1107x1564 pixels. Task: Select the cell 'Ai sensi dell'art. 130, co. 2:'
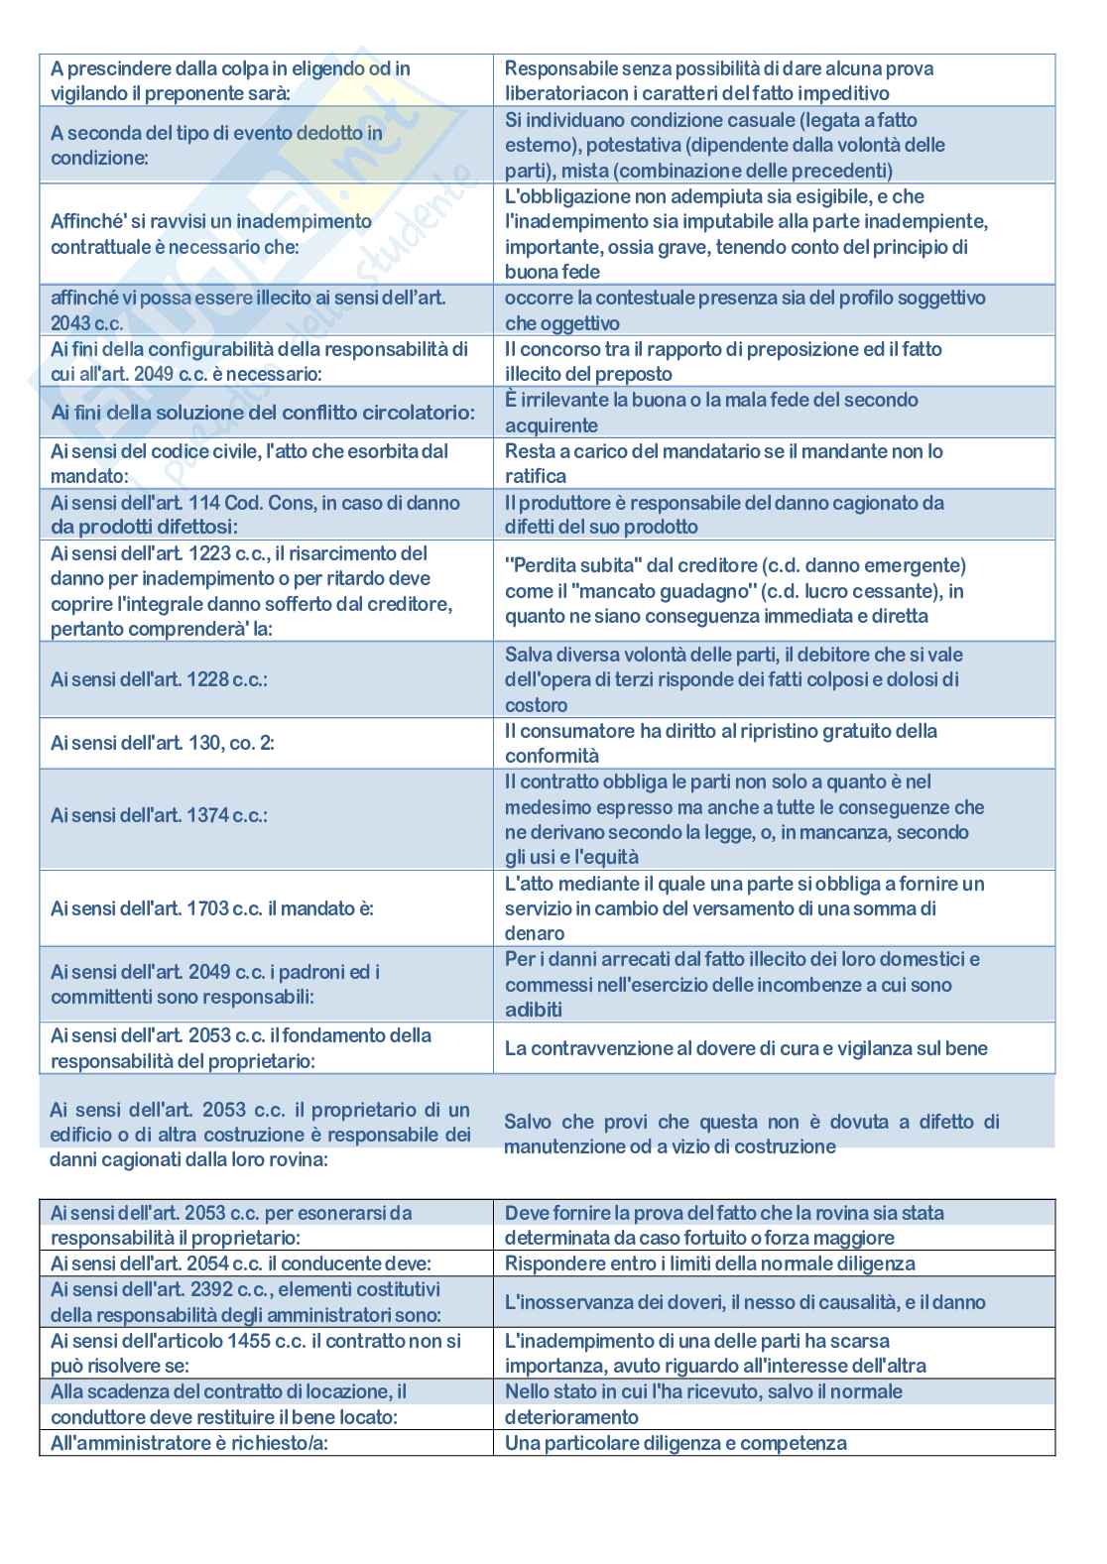[163, 743]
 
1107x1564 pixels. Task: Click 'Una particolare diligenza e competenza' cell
[676, 1443]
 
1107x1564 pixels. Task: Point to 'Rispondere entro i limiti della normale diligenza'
[709, 1263]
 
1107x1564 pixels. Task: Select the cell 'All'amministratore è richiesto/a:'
[189, 1443]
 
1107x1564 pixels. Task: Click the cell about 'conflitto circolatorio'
[263, 413]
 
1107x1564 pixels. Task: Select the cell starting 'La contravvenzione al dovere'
[746, 1048]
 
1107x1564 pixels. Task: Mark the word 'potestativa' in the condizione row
[633, 146]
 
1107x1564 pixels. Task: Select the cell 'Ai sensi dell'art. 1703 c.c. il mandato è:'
[211, 908]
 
